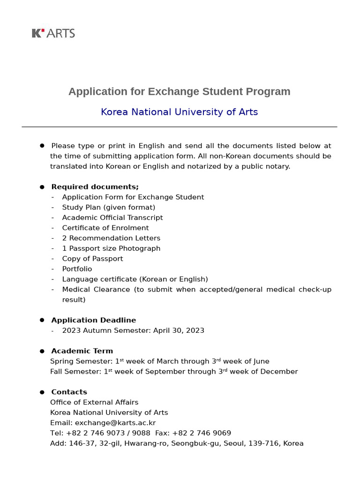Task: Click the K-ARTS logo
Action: [53, 33]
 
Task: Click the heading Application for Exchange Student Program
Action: [179, 91]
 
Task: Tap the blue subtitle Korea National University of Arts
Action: [179, 112]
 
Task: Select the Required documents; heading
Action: [95, 187]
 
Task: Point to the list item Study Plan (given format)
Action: [108, 207]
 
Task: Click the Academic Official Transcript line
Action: [112, 217]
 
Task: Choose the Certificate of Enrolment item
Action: [105, 228]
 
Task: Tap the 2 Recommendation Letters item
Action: [111, 238]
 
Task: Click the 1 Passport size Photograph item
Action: [111, 248]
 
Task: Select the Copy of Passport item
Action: [92, 259]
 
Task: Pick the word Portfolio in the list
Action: [77, 269]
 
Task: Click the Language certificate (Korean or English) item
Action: [135, 279]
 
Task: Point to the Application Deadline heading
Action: [93, 320]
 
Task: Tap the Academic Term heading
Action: [82, 351]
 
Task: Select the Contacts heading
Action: [69, 392]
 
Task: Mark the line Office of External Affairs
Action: [94, 402]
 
